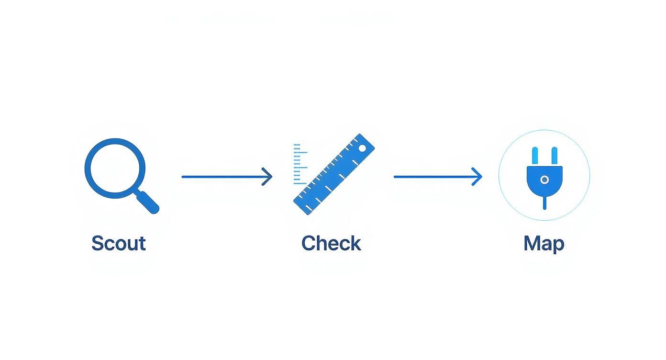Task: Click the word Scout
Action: pos(118,243)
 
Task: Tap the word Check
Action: pos(331,243)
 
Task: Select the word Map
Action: pos(544,243)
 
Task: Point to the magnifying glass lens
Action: pos(115,169)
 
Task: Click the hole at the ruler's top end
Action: pos(362,148)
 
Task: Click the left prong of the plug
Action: pos(535,156)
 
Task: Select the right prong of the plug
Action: pos(555,156)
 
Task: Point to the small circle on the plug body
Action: pos(544,180)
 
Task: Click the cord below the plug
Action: pos(544,202)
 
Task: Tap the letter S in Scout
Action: pos(98,243)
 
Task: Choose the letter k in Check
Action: pos(355,243)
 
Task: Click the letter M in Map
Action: pos(532,243)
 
